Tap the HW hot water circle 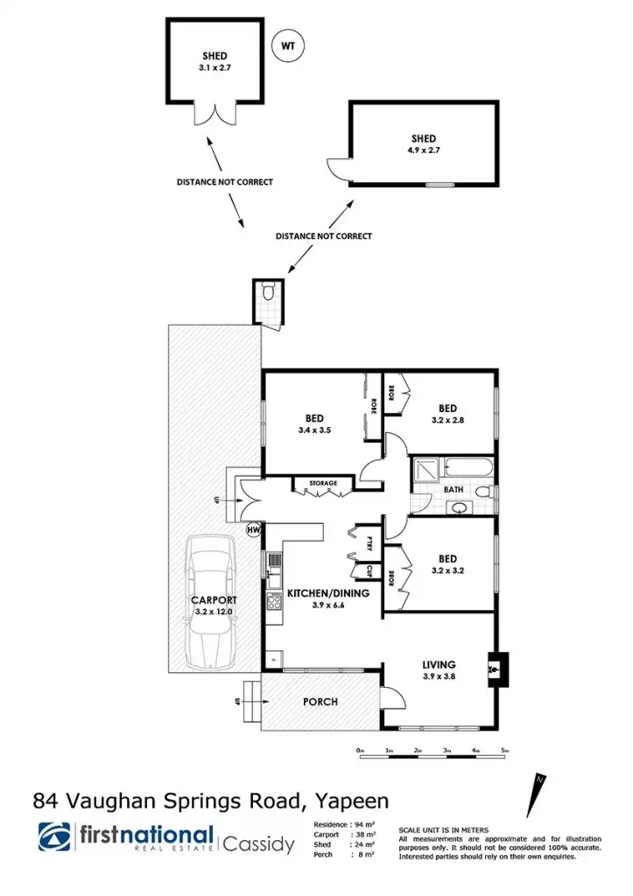pos(254,528)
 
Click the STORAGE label pos(316,483)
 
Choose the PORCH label pos(320,702)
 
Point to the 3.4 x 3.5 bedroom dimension pos(316,430)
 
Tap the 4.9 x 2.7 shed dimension pos(423,150)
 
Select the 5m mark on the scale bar pos(503,751)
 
